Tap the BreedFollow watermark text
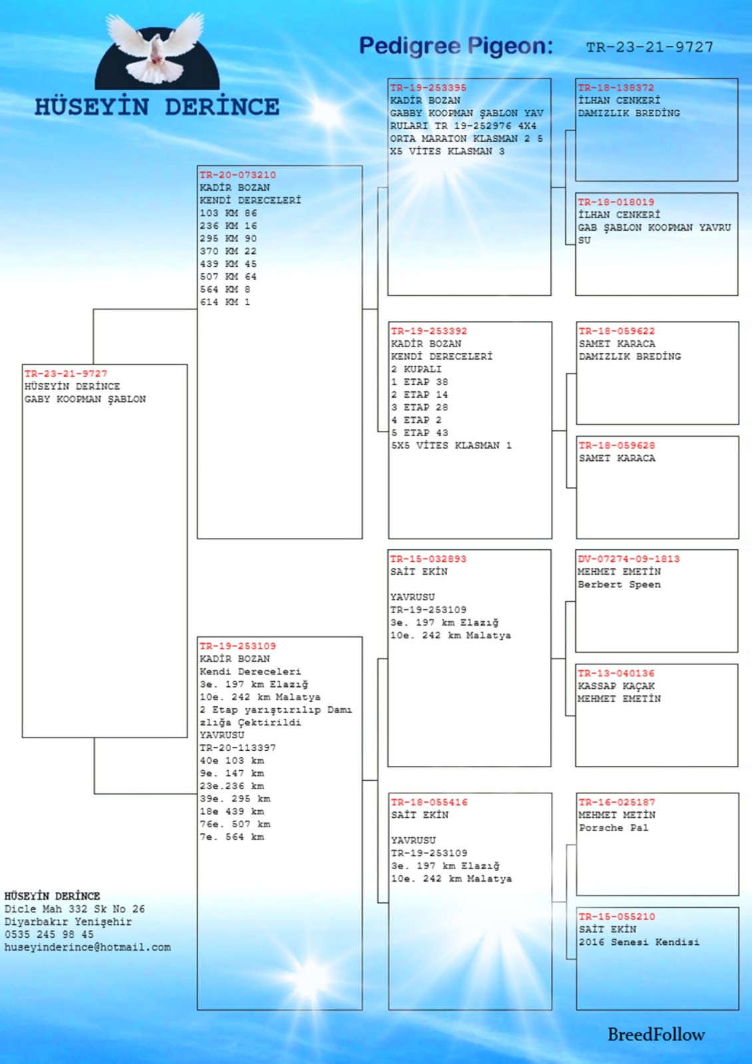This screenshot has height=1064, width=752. point(656,1034)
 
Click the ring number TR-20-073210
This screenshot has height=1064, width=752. point(238,175)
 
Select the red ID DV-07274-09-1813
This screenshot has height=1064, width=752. point(628,559)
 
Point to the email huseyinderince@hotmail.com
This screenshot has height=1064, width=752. point(87,947)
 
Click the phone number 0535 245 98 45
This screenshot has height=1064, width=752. point(49,934)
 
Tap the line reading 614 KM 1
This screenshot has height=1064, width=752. point(225,302)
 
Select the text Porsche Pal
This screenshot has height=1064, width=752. point(614,827)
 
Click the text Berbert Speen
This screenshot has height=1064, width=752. point(619,585)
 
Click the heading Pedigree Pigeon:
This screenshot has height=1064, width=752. point(456,46)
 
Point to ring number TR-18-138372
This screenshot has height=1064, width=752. point(616,87)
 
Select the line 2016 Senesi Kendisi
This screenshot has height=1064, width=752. point(639,942)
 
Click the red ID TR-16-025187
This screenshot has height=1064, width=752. point(616,802)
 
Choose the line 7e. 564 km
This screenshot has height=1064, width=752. point(232,837)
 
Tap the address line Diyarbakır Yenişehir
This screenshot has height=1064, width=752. point(68,922)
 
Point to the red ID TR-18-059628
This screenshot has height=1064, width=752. point(616,445)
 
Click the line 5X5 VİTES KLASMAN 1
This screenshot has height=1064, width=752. point(451,446)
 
